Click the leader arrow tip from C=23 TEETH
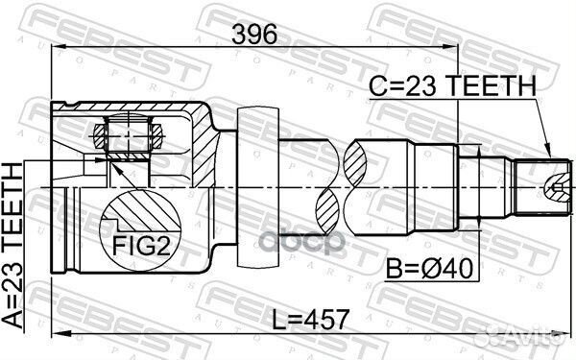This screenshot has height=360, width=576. [548, 156]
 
